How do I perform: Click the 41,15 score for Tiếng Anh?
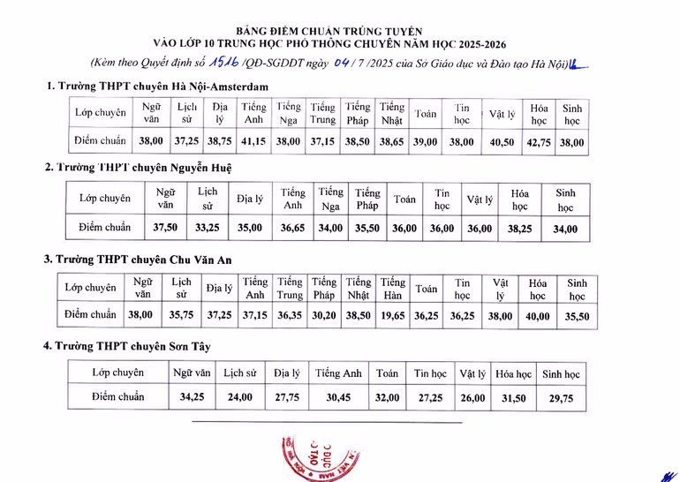[254, 142]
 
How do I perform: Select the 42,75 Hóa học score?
[539, 142]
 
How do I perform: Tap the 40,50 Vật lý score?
[502, 142]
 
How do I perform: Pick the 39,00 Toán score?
[426, 142]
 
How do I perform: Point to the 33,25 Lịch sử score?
[207, 228]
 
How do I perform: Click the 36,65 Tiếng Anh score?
[293, 228]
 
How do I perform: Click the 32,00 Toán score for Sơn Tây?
[387, 398]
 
